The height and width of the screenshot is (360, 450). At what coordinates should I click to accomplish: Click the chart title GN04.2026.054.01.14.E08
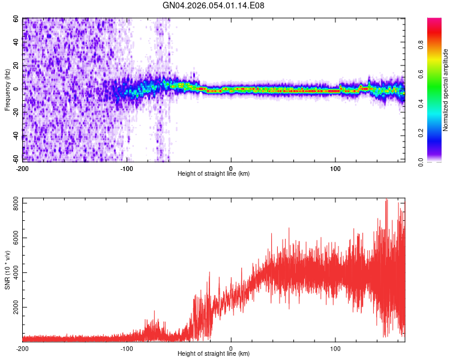coord(214,5)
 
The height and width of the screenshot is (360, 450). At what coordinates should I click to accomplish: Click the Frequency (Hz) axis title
coord(7,90)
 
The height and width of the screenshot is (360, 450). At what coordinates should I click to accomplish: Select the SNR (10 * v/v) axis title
coord(7,270)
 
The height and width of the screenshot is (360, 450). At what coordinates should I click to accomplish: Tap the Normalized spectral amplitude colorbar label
coord(445,90)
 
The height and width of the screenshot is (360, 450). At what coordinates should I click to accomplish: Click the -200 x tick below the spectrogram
coord(23,168)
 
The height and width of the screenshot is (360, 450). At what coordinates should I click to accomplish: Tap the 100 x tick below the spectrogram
coord(335,168)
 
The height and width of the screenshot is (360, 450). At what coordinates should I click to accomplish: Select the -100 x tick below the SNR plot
coord(127,348)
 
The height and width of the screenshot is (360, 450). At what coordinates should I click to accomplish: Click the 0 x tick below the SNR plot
coord(231,348)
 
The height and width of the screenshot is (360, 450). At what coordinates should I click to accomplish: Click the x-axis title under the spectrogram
coord(214,174)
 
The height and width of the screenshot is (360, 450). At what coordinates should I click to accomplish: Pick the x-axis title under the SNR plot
coord(214,354)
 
